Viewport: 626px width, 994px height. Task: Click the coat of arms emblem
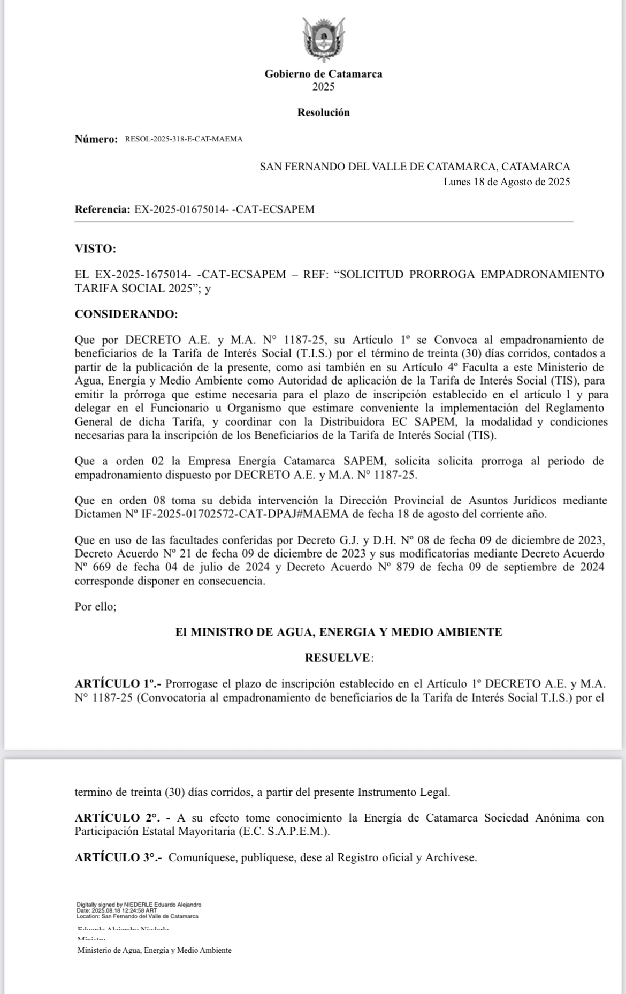[x=323, y=40]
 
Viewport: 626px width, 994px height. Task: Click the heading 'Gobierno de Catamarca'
[x=323, y=74]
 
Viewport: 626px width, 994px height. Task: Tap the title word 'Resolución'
[x=323, y=112]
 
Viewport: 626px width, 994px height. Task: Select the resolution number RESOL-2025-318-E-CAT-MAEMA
[x=184, y=139]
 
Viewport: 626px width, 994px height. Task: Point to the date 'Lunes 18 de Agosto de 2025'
[x=507, y=182]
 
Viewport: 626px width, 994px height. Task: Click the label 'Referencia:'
[x=102, y=209]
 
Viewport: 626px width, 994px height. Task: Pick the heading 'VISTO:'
[x=95, y=248]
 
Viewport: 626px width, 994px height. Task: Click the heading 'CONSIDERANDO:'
[x=126, y=314]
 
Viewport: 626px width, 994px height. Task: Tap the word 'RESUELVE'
[x=338, y=658]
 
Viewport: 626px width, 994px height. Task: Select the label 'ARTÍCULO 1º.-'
[x=119, y=684]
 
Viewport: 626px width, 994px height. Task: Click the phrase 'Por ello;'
[x=95, y=607]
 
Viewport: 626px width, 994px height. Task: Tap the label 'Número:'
[x=96, y=139]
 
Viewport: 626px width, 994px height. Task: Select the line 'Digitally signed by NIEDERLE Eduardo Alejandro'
[x=139, y=905]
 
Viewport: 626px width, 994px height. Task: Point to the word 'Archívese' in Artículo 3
[x=450, y=857]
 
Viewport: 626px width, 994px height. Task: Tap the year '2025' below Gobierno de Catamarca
[x=323, y=87]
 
